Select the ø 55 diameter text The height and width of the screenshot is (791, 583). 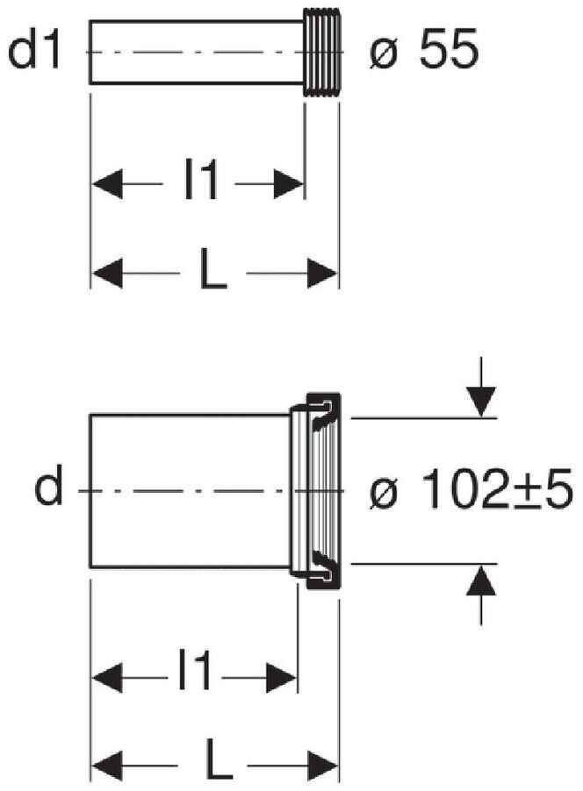pos(423,51)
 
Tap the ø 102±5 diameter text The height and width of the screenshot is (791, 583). pos(471,488)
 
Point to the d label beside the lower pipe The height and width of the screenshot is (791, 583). pos(48,485)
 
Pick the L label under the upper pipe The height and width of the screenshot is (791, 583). pos(213,270)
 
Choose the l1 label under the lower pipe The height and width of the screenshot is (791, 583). pos(195,672)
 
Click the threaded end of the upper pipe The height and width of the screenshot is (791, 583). pos(322,52)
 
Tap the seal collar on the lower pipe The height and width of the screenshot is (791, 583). pos(316,490)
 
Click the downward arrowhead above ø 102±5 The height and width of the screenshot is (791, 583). pos(481,401)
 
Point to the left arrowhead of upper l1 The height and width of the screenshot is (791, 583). pos(106,183)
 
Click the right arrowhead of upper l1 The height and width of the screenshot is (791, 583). pos(289,183)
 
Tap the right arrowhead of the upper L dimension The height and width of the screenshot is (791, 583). pos(322,274)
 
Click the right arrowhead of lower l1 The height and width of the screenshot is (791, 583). pos(281,678)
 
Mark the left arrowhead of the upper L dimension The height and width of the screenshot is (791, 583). pos(106,274)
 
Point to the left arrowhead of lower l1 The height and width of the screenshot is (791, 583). pos(106,678)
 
